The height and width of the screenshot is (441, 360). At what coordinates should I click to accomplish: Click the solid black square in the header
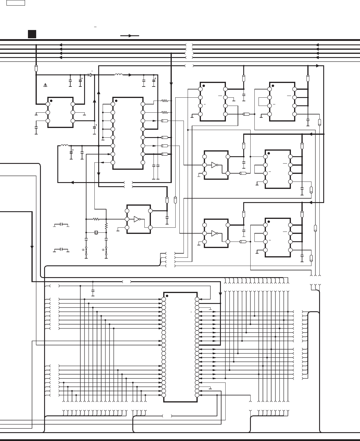[x=32, y=34]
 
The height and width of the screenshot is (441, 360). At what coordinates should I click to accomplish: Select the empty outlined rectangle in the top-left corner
[x=16, y=3]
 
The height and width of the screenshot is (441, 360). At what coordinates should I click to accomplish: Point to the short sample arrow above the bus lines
[x=129, y=36]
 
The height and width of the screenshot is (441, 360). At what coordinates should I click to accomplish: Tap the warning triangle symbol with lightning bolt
[x=45, y=85]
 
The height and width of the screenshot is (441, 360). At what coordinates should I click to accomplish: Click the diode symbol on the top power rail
[x=89, y=75]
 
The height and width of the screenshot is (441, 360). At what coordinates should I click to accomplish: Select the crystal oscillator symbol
[x=96, y=233]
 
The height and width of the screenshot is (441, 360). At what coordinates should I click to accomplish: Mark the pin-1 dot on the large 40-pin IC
[x=167, y=296]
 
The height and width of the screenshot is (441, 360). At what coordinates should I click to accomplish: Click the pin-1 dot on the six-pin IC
[x=51, y=100]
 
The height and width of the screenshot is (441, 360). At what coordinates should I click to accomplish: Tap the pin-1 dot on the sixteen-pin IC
[x=116, y=101]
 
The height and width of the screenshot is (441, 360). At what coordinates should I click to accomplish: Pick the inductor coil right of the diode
[x=119, y=75]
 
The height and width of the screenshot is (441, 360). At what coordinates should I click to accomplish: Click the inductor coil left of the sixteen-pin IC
[x=64, y=145]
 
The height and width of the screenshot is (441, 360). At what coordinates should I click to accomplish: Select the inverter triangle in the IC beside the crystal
[x=136, y=219]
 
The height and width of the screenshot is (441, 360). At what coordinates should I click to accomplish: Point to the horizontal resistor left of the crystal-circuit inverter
[x=96, y=219]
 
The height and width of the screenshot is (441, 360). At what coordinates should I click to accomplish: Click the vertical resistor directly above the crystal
[x=106, y=226]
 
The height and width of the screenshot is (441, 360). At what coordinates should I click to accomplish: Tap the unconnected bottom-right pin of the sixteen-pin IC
[x=143, y=162]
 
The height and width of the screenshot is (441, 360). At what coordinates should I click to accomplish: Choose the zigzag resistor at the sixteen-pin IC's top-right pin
[x=164, y=101]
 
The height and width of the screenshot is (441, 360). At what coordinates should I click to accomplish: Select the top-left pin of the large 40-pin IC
[x=164, y=299]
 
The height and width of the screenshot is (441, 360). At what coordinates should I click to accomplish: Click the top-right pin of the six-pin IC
[x=73, y=104]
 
